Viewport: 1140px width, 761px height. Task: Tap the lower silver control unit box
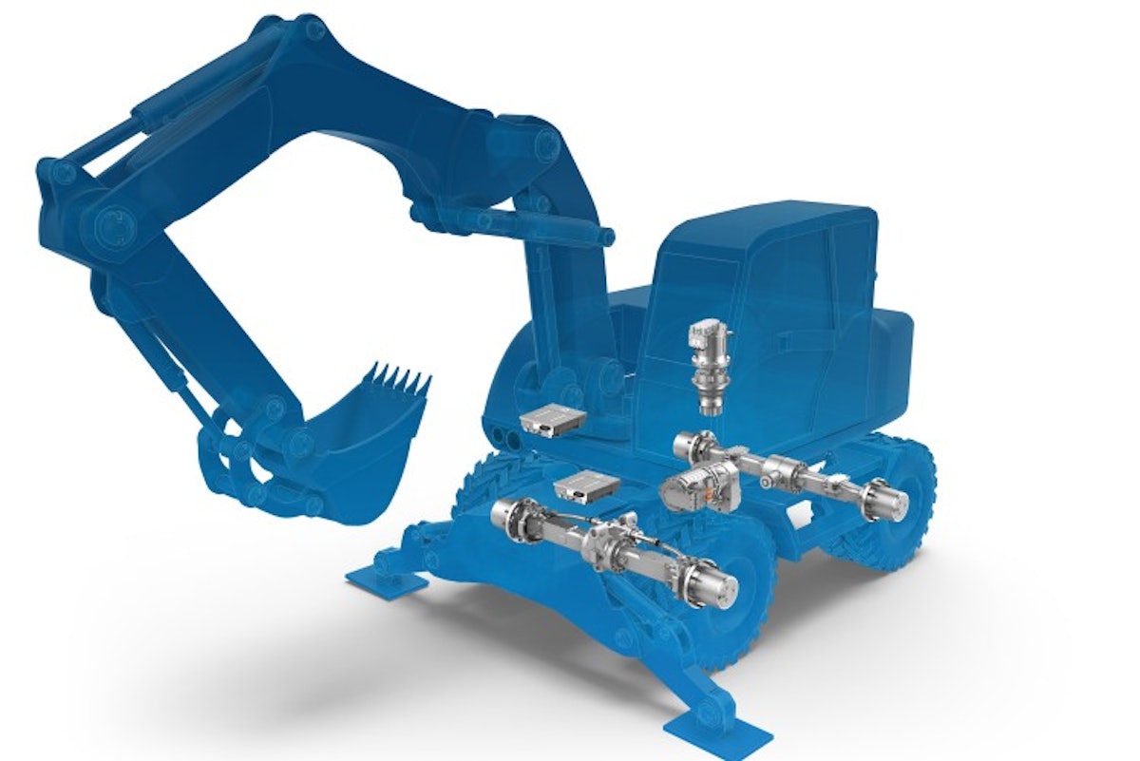584,488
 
